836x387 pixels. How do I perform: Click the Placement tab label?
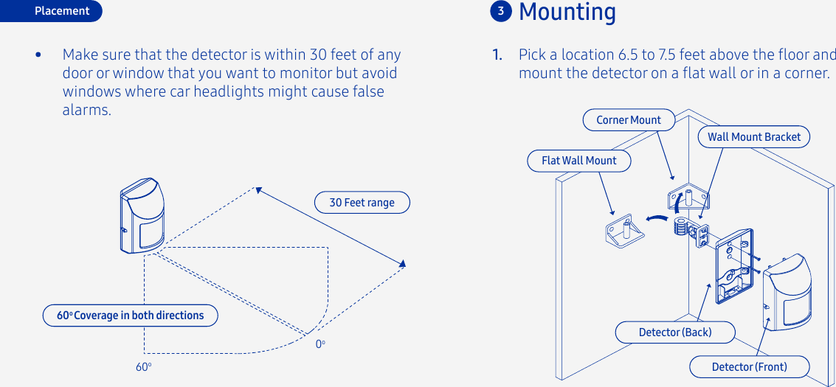pyautogui.click(x=61, y=11)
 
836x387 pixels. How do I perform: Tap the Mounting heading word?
pyautogui.click(x=567, y=12)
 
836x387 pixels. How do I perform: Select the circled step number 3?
pyautogui.click(x=501, y=11)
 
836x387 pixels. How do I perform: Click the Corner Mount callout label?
pyautogui.click(x=629, y=119)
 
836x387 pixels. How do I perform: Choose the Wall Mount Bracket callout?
pyautogui.click(x=753, y=136)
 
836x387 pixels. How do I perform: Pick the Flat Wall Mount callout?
pyautogui.click(x=578, y=161)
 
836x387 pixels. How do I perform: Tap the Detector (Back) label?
pyautogui.click(x=674, y=332)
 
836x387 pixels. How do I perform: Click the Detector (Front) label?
pyautogui.click(x=749, y=366)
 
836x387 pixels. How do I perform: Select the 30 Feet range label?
pyautogui.click(x=362, y=203)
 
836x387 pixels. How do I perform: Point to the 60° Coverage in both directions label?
pyautogui.click(x=131, y=315)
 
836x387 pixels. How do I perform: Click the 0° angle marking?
pyautogui.click(x=320, y=344)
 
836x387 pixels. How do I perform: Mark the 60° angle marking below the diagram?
pyautogui.click(x=143, y=366)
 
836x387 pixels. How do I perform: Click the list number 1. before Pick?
pyautogui.click(x=498, y=55)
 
